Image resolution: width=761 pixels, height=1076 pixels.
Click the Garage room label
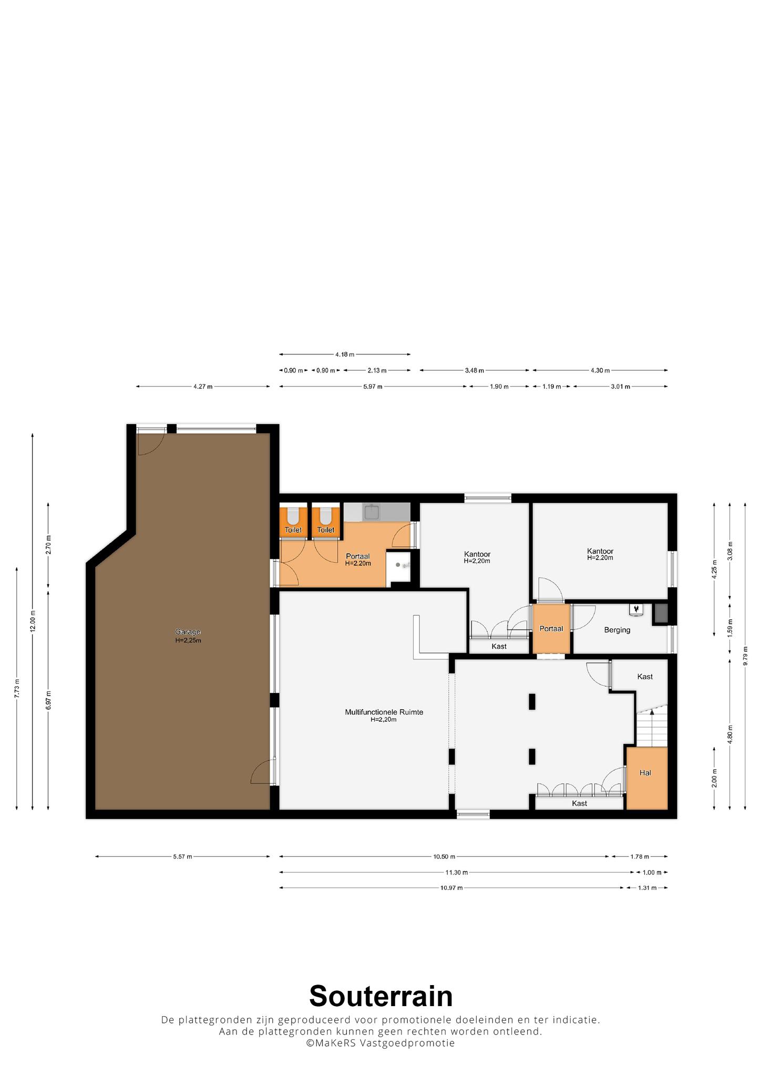pyautogui.click(x=188, y=632)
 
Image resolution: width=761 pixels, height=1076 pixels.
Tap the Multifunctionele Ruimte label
pyautogui.click(x=384, y=712)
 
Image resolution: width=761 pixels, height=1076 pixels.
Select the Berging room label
pyautogui.click(x=617, y=630)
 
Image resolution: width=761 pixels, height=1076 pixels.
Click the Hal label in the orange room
pyautogui.click(x=645, y=773)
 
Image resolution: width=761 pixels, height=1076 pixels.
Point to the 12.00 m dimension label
pyautogui.click(x=33, y=623)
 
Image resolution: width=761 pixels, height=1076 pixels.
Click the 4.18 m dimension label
pyautogui.click(x=344, y=355)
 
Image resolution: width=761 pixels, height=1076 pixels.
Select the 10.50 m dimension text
pyautogui.click(x=444, y=857)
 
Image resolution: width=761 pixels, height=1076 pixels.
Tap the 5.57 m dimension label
pyautogui.click(x=182, y=857)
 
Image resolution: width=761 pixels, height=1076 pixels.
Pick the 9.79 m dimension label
pyautogui.click(x=745, y=656)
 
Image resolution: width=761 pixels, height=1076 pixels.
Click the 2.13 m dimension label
pyautogui.click(x=377, y=370)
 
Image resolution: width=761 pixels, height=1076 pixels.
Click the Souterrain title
pyautogui.click(x=380, y=996)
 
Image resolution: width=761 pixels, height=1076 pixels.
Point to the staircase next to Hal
pyautogui.click(x=652, y=727)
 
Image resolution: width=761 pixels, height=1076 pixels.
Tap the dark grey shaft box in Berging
pyautogui.click(x=660, y=614)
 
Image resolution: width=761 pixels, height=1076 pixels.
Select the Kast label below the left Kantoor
pyautogui.click(x=499, y=646)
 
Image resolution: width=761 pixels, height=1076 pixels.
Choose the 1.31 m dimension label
pyautogui.click(x=647, y=888)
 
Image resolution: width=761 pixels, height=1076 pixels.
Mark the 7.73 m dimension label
pyautogui.click(x=17, y=688)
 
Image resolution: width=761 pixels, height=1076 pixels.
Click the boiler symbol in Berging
pyautogui.click(x=636, y=608)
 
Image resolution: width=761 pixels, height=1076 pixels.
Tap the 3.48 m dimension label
pyautogui.click(x=475, y=370)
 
